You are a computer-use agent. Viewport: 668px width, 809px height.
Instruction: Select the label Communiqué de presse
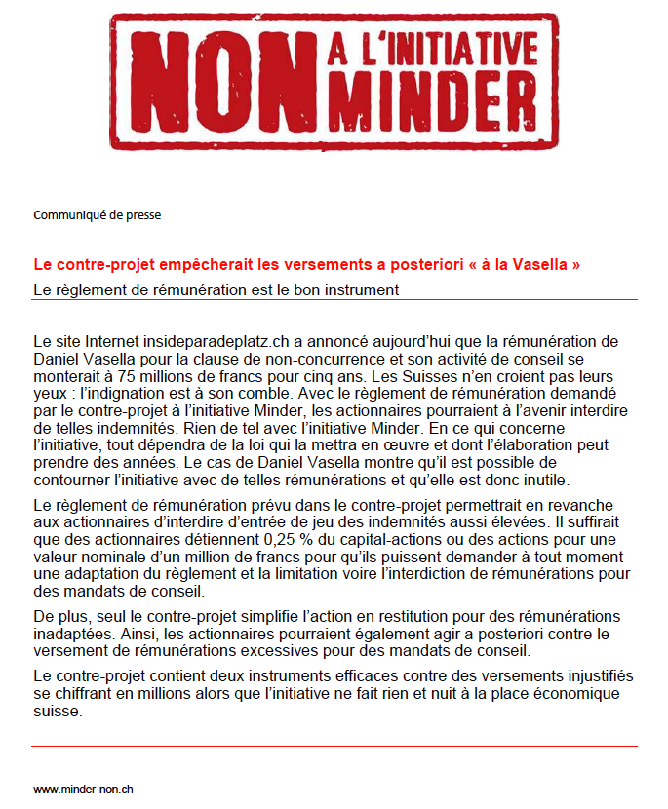click(97, 215)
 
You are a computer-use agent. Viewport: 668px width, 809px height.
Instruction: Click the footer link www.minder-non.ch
click(83, 789)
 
